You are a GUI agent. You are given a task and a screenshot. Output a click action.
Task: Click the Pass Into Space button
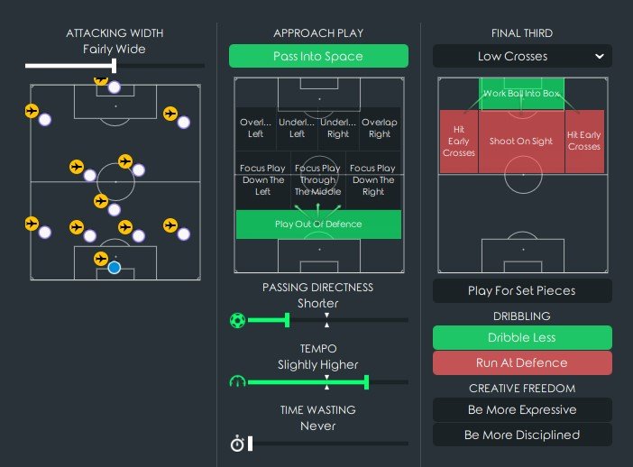(318, 56)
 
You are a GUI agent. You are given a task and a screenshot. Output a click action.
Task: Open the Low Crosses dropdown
(522, 56)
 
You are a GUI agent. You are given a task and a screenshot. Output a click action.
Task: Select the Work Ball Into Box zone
(521, 94)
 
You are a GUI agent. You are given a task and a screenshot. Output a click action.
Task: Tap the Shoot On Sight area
(521, 142)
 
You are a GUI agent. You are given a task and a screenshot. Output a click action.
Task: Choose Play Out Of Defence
(318, 224)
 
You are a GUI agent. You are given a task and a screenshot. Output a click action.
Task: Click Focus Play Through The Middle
(318, 179)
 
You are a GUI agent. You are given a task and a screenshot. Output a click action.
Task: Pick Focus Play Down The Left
(262, 179)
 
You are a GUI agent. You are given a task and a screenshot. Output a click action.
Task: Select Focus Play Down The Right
(372, 179)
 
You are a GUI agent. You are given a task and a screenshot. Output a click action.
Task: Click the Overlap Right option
(380, 128)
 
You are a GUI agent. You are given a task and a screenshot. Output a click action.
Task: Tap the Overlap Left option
(255, 128)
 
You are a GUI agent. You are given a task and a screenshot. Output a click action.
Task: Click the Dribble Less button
(522, 338)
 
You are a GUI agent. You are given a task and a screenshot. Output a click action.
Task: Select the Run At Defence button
(522, 363)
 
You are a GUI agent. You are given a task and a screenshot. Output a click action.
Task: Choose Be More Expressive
(522, 410)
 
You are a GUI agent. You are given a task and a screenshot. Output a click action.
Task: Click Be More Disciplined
(522, 435)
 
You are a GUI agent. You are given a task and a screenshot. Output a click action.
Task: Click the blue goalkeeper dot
(114, 267)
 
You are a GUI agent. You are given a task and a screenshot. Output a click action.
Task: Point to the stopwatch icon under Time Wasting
(238, 443)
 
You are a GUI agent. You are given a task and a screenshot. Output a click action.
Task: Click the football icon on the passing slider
(238, 320)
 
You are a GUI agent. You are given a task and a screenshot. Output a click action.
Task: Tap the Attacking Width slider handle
(115, 66)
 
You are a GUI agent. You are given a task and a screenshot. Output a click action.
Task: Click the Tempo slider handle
(367, 382)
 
